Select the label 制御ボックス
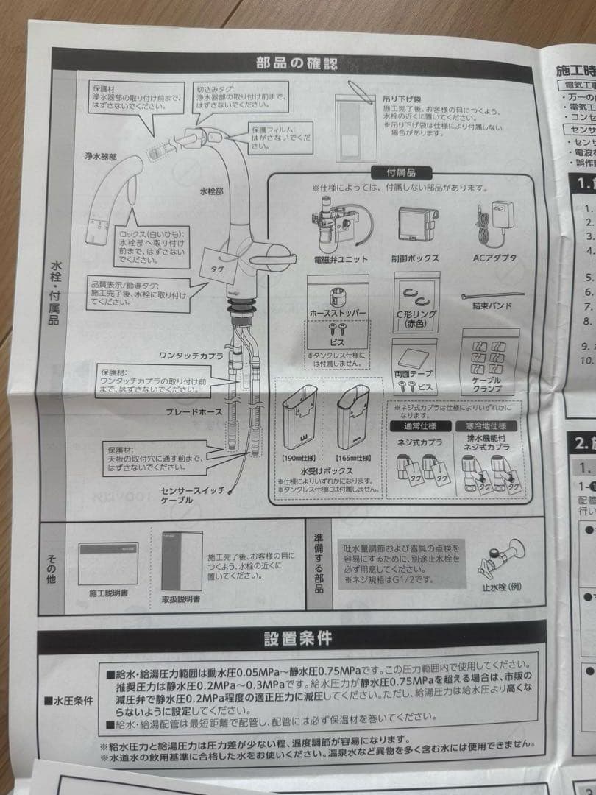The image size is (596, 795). click(x=415, y=259)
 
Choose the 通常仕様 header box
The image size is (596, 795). click(x=417, y=426)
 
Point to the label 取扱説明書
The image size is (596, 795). click(x=180, y=599)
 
